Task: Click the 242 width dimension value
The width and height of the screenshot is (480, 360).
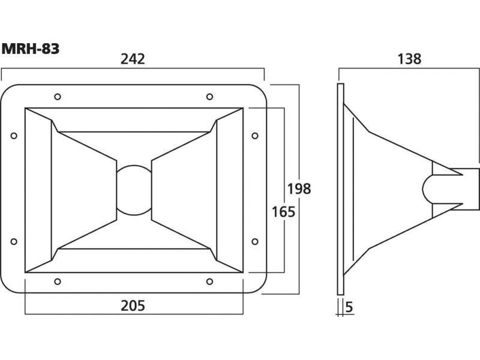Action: (x=133, y=59)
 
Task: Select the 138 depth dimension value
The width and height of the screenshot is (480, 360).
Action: (x=409, y=59)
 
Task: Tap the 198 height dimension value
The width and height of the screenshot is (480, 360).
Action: (x=299, y=188)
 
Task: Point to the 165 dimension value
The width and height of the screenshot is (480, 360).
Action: (x=283, y=212)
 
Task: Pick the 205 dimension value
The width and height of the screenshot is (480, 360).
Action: (x=133, y=306)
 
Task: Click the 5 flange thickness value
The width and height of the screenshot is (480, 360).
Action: (x=349, y=307)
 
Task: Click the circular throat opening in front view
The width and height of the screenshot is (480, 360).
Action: (x=133, y=188)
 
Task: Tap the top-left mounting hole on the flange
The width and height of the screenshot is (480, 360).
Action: (x=57, y=97)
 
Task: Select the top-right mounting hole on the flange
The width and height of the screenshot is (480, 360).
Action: (x=209, y=97)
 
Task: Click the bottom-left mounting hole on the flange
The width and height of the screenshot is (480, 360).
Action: (x=57, y=281)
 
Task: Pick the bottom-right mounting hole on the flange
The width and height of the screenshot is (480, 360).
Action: (x=209, y=281)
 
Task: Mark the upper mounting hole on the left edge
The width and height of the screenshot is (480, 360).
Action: (x=14, y=135)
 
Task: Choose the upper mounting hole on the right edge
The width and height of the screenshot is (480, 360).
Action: (x=254, y=135)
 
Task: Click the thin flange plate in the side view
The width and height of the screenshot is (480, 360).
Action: (x=341, y=188)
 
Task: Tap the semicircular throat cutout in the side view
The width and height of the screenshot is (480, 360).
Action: (x=427, y=188)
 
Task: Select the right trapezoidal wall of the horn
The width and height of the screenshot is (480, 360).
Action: (x=228, y=188)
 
